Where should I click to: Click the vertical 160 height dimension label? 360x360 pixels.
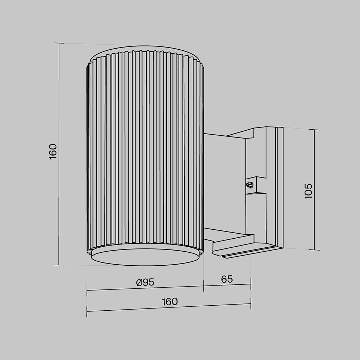[53, 151]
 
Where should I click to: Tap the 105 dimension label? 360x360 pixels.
[309, 191]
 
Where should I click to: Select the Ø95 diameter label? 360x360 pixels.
[145, 283]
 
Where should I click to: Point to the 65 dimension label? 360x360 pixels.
[227, 279]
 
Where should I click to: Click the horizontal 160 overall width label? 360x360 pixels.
[170, 302]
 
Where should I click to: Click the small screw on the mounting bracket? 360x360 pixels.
[249, 185]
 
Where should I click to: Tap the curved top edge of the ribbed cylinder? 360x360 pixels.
[145, 47]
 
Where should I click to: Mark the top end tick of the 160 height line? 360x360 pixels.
[59, 43]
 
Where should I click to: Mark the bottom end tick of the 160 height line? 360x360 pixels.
[59, 265]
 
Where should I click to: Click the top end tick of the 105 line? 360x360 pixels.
[314, 130]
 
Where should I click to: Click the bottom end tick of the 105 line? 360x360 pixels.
[314, 249]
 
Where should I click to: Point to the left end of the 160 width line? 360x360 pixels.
[87, 311]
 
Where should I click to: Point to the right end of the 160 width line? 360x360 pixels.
[251, 303]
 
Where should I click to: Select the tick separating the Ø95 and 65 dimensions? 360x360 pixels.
[204, 286]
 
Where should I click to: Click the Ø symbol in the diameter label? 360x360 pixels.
[139, 283]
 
